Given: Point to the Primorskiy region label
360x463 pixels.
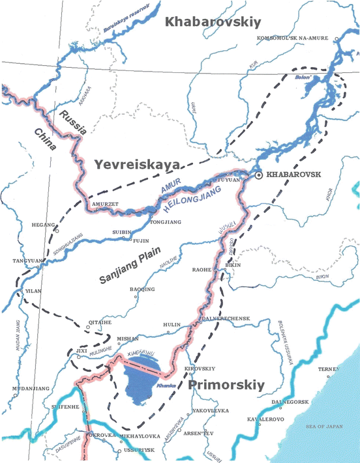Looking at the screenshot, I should click(226, 386).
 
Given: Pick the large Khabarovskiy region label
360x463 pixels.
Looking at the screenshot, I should click(213, 23).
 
